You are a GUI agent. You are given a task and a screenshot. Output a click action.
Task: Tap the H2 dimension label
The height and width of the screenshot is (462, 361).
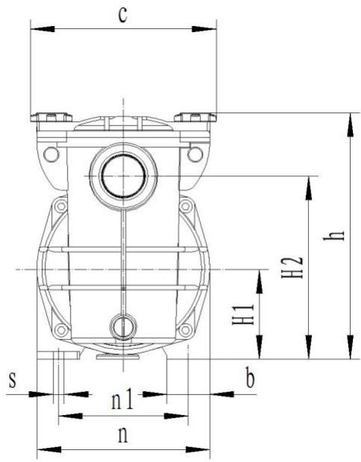point(295,268)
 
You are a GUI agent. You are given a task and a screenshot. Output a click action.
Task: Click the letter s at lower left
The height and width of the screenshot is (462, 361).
point(11,379)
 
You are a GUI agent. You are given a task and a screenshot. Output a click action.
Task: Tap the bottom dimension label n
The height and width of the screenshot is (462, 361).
point(122,434)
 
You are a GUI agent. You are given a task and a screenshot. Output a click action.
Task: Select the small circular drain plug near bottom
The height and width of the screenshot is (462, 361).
point(121,324)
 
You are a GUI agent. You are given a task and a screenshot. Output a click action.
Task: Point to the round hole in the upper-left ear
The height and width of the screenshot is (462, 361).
point(51,154)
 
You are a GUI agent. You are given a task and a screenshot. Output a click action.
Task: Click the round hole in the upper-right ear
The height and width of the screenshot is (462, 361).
point(195,154)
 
